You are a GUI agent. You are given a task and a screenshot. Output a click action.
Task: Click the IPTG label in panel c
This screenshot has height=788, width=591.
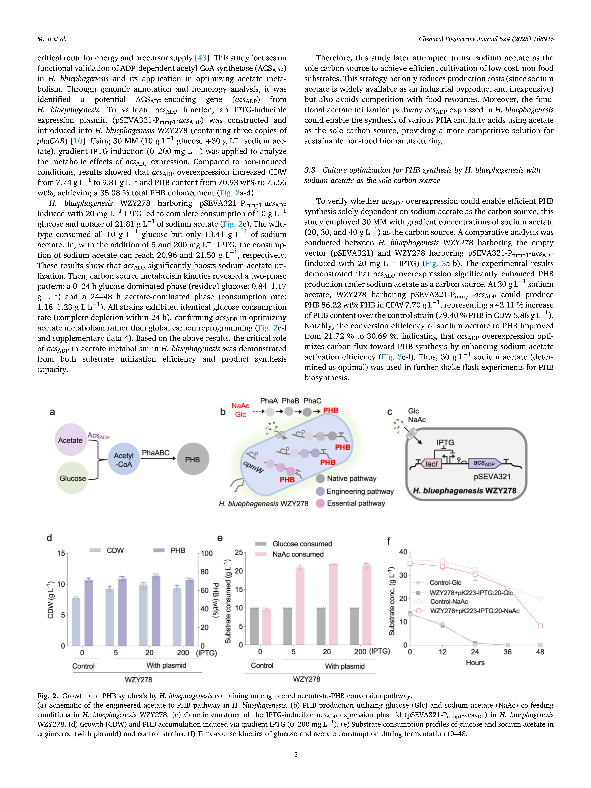coord(445,442)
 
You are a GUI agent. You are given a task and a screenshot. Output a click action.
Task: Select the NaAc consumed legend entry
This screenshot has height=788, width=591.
coord(298,554)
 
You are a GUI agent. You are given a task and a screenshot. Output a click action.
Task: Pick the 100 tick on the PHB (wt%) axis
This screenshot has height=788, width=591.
coord(207,553)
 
